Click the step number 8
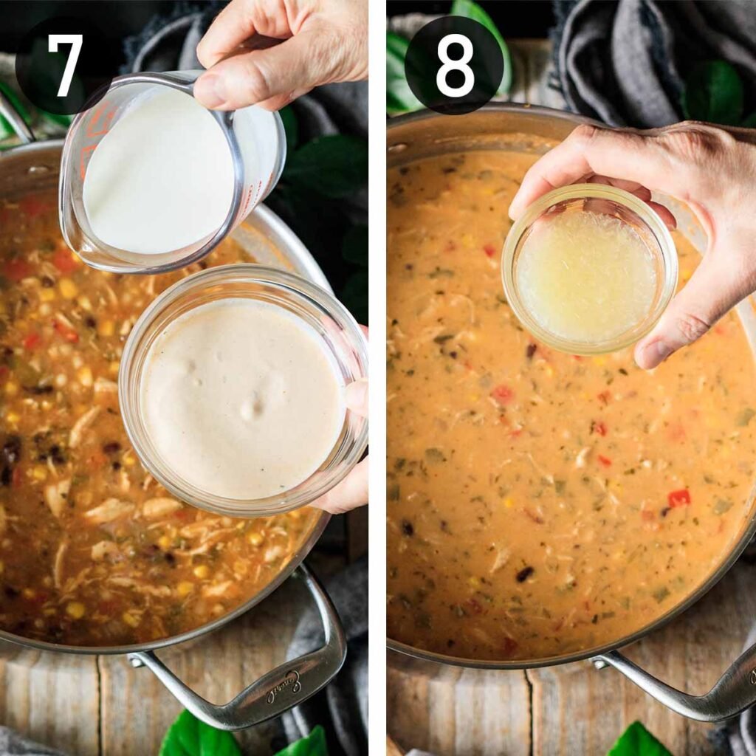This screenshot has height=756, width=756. tap(454, 65)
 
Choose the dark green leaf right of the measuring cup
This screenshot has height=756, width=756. tap(325, 170)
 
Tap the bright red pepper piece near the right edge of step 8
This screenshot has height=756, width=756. tap(678, 498)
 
